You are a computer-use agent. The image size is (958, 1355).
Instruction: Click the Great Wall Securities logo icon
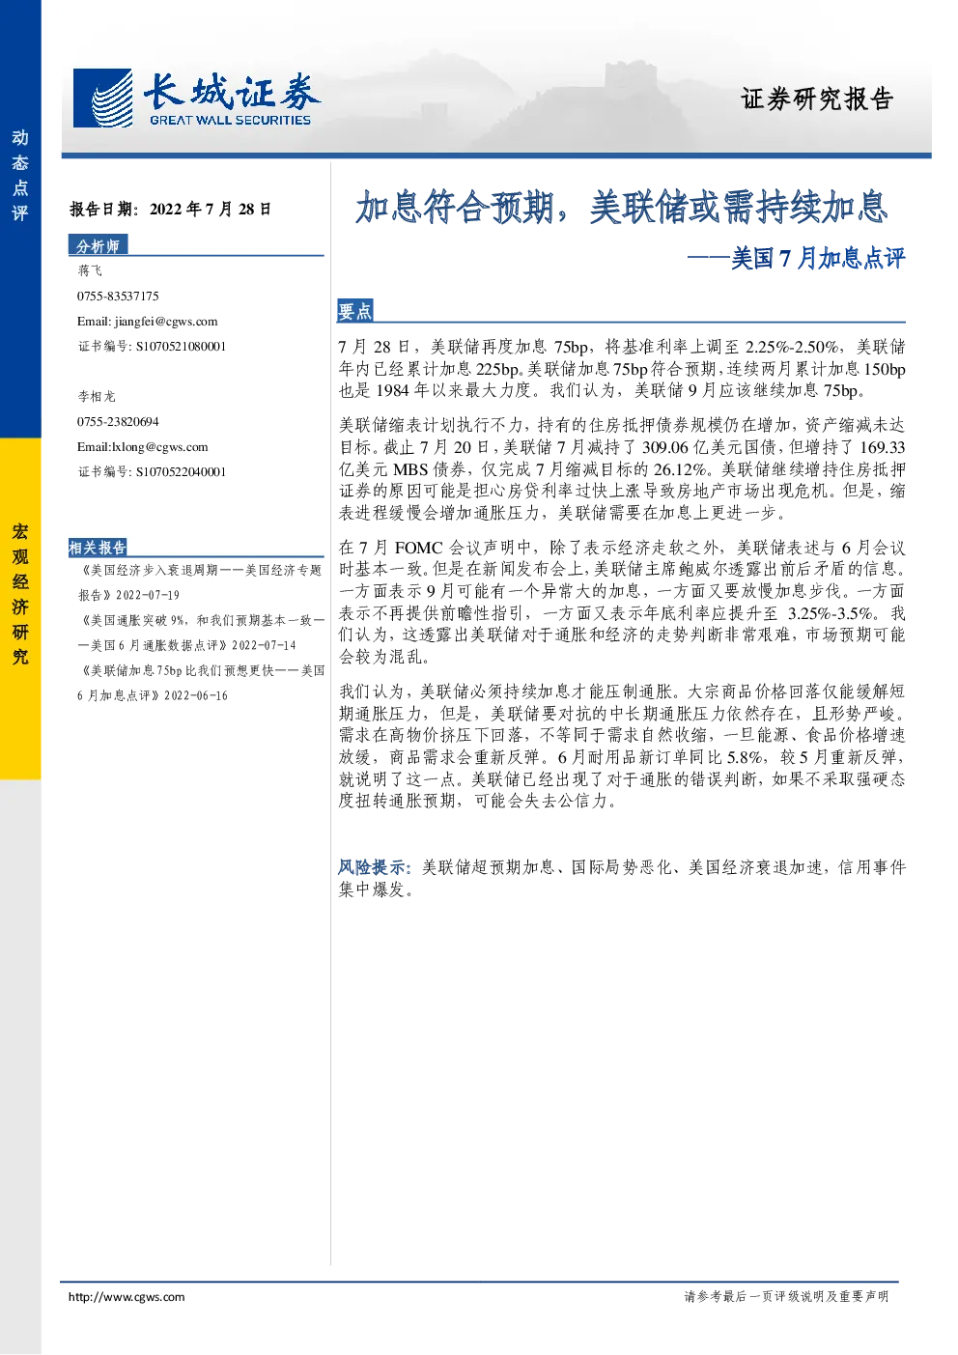(x=102, y=98)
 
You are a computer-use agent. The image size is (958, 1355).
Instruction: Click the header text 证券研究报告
(x=817, y=99)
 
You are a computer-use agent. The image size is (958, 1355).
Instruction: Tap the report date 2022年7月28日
(x=211, y=210)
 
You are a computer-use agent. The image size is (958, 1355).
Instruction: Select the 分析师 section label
(x=98, y=245)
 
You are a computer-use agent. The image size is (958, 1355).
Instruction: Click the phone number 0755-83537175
(x=118, y=296)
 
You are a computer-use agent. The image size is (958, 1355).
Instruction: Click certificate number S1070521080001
(x=181, y=346)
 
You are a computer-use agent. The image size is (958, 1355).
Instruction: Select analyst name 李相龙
(x=97, y=396)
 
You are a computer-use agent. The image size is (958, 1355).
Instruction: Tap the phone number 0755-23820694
(x=118, y=422)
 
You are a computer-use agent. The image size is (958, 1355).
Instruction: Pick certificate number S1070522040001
(x=181, y=472)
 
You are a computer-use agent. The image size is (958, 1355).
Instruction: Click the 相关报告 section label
(x=98, y=548)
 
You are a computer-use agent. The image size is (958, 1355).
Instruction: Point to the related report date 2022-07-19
(x=148, y=595)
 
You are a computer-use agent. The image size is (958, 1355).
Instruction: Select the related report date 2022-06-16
(x=196, y=695)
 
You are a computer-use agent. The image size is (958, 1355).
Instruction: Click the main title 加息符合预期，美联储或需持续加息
(x=621, y=207)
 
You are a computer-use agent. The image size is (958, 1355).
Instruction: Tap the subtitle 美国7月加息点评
(x=818, y=258)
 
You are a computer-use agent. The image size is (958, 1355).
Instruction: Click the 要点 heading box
(x=355, y=311)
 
